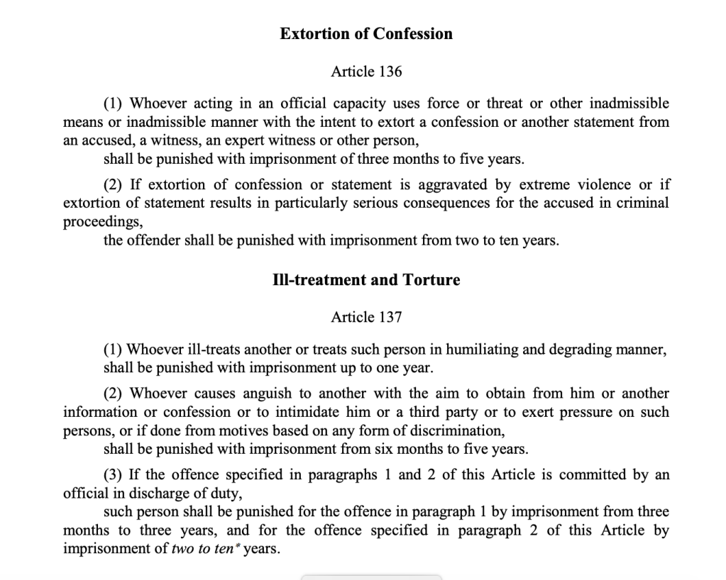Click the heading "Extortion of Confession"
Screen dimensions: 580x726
pos(365,33)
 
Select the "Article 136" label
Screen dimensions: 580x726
pos(366,72)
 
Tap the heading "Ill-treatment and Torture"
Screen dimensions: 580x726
pos(365,280)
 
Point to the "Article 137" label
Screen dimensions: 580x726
pos(366,318)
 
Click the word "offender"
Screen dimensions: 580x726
pos(153,240)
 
